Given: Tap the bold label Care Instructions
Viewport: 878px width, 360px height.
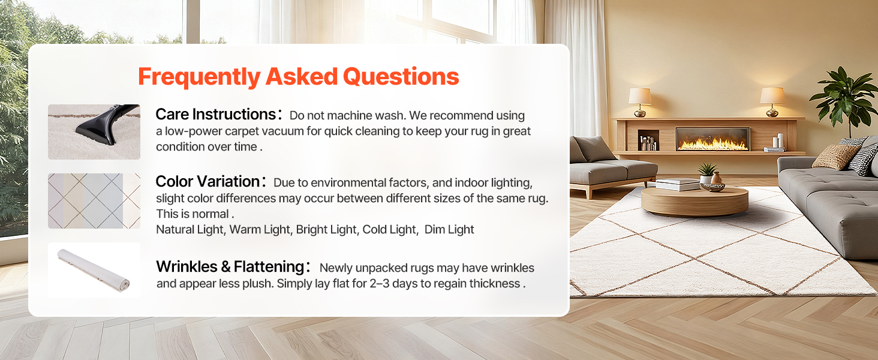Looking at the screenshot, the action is pyautogui.click(x=216, y=115).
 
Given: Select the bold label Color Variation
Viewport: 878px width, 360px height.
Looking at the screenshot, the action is pyautogui.click(x=208, y=182).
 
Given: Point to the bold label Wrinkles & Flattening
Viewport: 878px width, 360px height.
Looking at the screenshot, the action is pyautogui.click(x=230, y=266).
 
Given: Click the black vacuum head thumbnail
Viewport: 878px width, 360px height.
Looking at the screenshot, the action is pyautogui.click(x=94, y=132).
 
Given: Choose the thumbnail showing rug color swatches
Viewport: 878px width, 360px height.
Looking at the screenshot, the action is pyautogui.click(x=94, y=201).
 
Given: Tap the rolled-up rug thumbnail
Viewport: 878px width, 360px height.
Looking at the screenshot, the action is pyautogui.click(x=94, y=269).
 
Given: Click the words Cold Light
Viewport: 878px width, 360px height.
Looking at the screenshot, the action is pyautogui.click(x=389, y=229).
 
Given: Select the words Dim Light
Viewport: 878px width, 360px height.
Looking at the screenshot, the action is pyautogui.click(x=449, y=229).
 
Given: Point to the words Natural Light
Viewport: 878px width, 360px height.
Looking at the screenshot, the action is pyautogui.click(x=191, y=229).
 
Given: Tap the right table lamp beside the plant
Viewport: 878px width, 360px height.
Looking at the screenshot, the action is pyautogui.click(x=772, y=102).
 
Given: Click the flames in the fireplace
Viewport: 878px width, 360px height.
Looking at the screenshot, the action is pyautogui.click(x=712, y=144).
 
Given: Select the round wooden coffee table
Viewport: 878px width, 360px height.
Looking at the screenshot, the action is pyautogui.click(x=694, y=201).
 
